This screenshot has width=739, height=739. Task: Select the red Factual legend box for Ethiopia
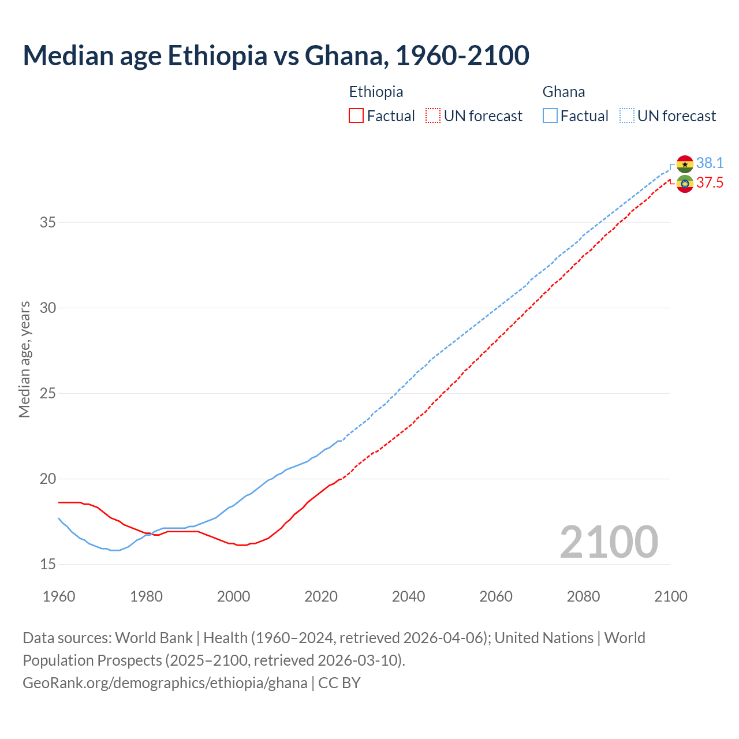[356, 116]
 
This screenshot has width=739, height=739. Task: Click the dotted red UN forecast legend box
[433, 116]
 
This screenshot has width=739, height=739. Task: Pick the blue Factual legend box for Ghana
[550, 116]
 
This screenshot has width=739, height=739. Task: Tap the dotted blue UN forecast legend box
[627, 116]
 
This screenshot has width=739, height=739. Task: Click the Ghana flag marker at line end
[685, 164]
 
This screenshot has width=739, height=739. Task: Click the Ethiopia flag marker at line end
[685, 184]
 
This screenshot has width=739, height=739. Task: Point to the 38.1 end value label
[710, 163]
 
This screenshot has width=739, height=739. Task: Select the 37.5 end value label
[710, 183]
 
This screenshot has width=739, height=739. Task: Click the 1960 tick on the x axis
[59, 596]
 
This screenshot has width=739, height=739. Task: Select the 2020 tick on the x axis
[321, 596]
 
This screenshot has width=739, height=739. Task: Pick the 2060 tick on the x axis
[496, 596]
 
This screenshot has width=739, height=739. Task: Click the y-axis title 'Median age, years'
[24, 359]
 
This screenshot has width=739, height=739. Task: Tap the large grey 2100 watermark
[609, 542]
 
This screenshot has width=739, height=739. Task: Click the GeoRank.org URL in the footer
[165, 683]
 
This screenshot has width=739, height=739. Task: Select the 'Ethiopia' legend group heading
[376, 92]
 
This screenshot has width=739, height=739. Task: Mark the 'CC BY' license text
[339, 683]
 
